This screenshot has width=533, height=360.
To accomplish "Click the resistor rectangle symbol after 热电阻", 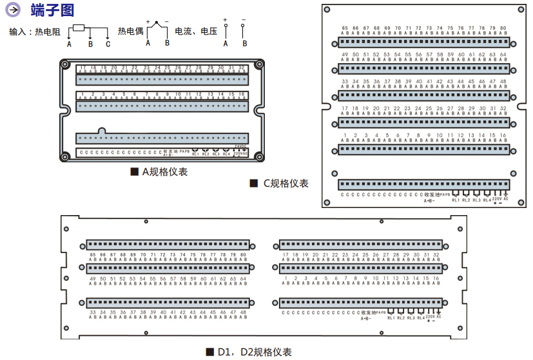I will (79, 28).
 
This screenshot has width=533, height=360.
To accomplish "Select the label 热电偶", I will (130, 31).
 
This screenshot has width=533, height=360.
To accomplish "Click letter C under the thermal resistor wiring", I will (108, 44).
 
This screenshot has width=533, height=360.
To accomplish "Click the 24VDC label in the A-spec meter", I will (240, 147).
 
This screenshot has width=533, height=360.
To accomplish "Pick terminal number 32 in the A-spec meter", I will (241, 67).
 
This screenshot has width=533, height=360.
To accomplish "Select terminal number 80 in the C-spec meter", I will (503, 28).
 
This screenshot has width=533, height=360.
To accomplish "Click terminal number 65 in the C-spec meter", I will (345, 28).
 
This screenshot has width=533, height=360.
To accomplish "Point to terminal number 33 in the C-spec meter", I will (345, 82).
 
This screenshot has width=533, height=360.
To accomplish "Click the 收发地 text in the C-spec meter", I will (431, 194).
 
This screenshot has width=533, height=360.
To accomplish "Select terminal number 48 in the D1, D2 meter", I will (242, 312).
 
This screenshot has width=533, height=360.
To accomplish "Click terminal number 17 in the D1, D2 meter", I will (286, 255).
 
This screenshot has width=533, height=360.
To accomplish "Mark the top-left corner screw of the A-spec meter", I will (65, 65).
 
